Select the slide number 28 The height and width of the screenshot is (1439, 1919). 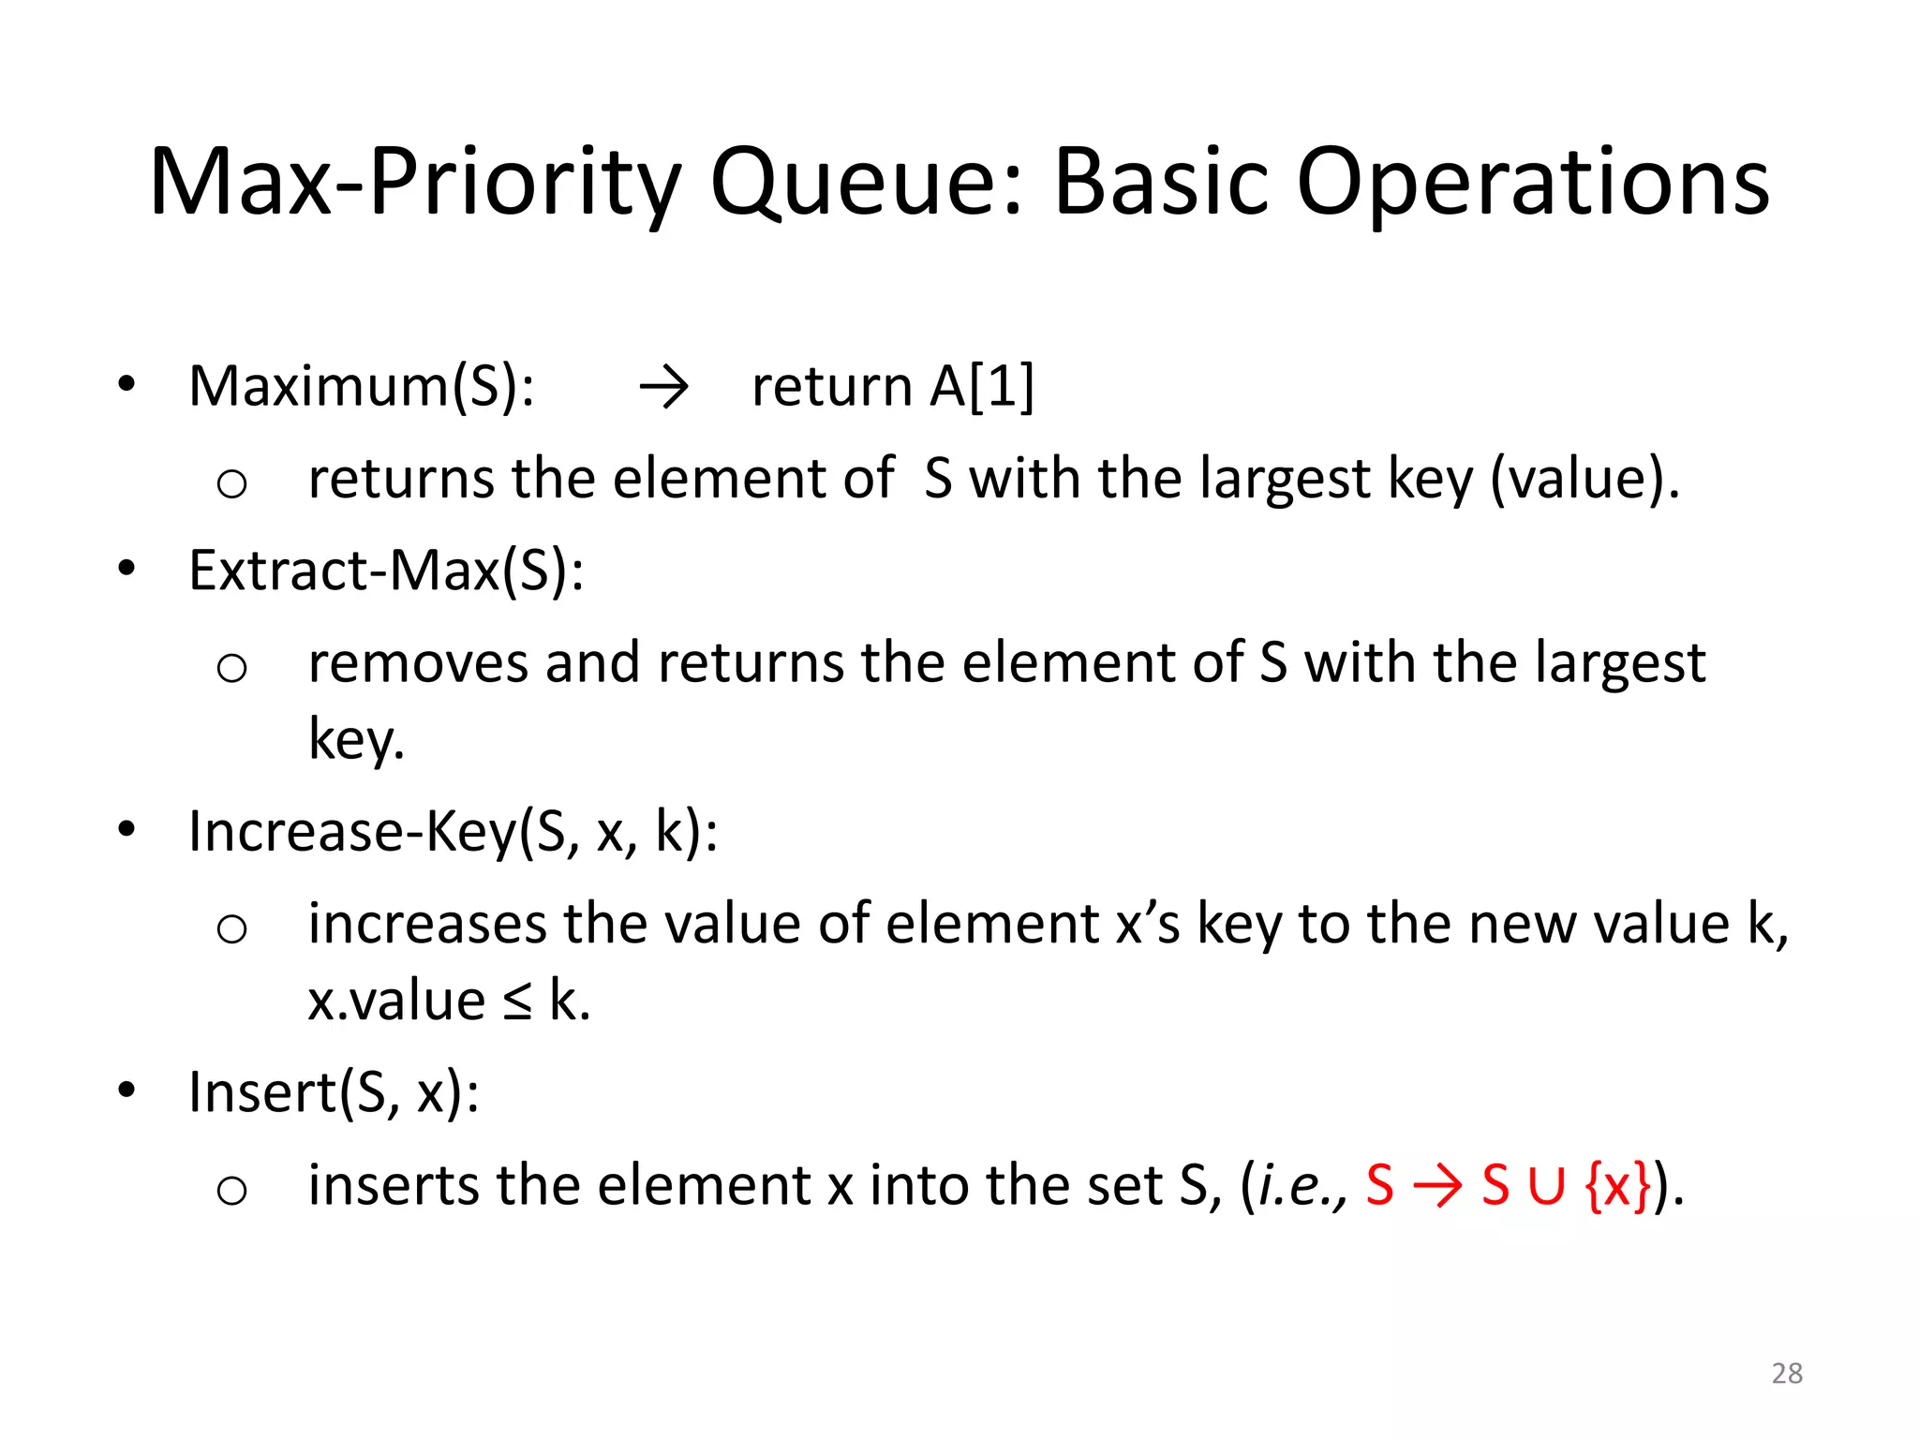tap(1787, 1373)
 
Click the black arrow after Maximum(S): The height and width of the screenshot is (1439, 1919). tap(663, 387)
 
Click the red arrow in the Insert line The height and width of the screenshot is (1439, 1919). tap(1437, 1186)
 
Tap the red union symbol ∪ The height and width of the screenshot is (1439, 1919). tap(1546, 1186)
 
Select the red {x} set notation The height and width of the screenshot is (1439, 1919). tap(1617, 1186)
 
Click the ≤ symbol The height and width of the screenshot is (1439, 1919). tap(516, 1001)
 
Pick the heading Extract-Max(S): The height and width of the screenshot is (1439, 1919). tap(386, 570)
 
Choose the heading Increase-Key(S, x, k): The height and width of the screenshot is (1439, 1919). tap(454, 831)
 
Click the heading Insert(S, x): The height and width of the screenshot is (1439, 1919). tap(334, 1092)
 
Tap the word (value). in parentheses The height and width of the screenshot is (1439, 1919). tap(1584, 479)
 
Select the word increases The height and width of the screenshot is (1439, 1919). tap(426, 925)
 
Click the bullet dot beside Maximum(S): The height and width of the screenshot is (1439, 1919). tap(126, 383)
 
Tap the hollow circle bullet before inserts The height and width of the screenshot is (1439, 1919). tap(231, 1191)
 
